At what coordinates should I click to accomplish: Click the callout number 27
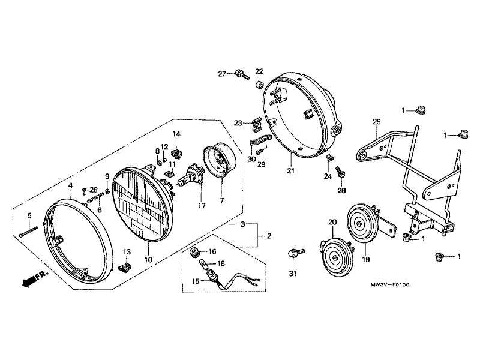pos(222,74)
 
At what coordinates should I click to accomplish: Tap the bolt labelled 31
pos(293,252)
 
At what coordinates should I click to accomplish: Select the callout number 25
pos(377,122)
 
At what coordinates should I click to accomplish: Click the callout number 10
pos(148,259)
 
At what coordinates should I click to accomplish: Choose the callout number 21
pos(291,171)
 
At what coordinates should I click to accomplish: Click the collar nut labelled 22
pos(259,83)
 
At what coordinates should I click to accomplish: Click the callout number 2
pos(269,236)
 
